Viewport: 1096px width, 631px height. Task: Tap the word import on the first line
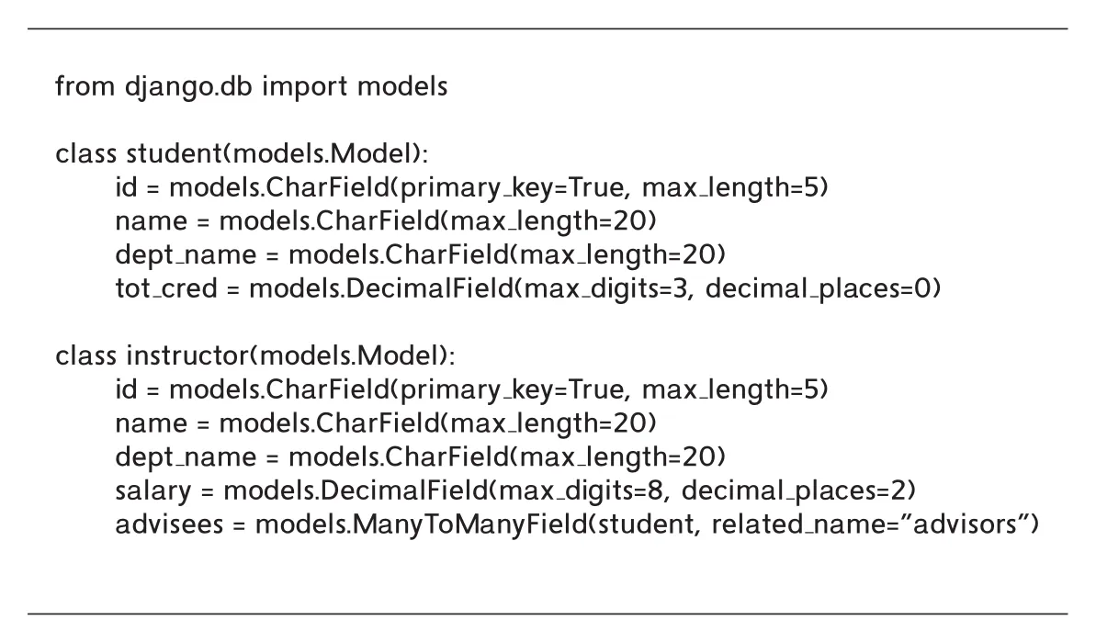point(304,86)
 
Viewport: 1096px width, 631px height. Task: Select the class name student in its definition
point(177,153)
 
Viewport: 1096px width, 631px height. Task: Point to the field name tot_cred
point(166,288)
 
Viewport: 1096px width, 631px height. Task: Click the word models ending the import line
point(401,86)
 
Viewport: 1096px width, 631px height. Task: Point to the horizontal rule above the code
point(548,28)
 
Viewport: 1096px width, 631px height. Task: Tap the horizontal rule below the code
point(548,614)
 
